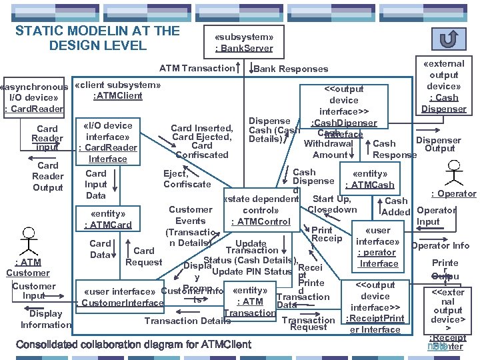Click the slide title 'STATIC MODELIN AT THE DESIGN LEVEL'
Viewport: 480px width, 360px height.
[x=97, y=38]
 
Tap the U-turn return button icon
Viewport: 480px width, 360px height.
[x=450, y=39]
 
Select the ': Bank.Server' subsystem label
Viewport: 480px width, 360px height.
[x=244, y=48]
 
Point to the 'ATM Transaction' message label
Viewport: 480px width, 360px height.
[x=197, y=68]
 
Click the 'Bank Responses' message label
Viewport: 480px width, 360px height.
[x=291, y=69]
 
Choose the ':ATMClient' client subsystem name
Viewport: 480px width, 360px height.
[x=118, y=96]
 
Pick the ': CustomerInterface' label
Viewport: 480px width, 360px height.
[x=121, y=303]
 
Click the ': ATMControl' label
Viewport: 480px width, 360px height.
[x=259, y=221]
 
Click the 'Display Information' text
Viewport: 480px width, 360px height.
[x=45, y=319]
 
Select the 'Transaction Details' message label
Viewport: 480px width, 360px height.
[x=187, y=321]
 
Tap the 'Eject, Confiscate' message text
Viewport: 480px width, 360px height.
[x=187, y=179]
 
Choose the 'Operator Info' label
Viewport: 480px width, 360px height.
[x=440, y=245]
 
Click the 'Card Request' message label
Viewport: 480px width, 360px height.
[x=144, y=257]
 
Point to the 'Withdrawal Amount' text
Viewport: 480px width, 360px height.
[x=329, y=149]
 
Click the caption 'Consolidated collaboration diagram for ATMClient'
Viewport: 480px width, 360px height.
[x=133, y=345]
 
